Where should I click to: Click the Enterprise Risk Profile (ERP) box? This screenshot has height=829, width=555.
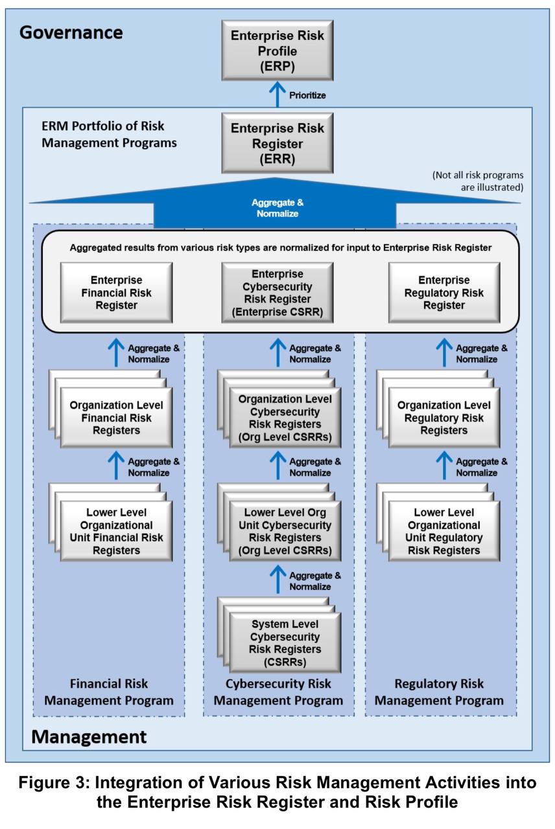point(277,50)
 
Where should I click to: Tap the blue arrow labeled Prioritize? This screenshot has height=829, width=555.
point(277,95)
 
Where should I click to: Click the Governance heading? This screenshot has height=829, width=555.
point(71,32)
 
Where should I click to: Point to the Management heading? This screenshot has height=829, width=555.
point(89,736)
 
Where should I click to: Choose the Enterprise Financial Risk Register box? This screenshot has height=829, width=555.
point(117,293)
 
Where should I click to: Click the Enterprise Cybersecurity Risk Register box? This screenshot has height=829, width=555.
point(277,293)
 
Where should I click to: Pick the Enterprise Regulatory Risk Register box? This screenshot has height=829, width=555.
point(444,293)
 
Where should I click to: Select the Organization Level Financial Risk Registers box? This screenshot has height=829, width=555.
point(117,418)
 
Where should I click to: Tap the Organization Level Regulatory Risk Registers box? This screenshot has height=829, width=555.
point(444,418)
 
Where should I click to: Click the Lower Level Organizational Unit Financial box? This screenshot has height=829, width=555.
point(117,531)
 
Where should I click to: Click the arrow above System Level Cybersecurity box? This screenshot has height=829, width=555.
point(277,580)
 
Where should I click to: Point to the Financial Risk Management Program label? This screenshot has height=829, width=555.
point(109,692)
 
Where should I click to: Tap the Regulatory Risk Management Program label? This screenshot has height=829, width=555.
point(440,692)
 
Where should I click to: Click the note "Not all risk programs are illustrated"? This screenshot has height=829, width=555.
point(478,181)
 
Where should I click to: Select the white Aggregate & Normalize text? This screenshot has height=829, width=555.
point(277,208)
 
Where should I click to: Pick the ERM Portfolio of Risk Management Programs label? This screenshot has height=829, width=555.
point(109,134)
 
